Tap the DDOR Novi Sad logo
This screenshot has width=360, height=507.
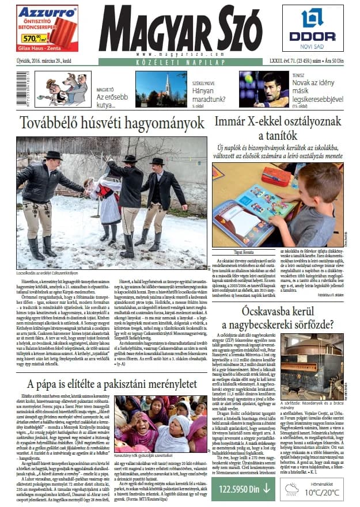[x=312, y=29]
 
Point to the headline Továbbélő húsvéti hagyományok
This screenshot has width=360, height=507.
[x=112, y=123]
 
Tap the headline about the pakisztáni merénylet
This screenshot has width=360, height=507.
[x=112, y=384]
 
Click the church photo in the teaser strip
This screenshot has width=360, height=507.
[x=153, y=90]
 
